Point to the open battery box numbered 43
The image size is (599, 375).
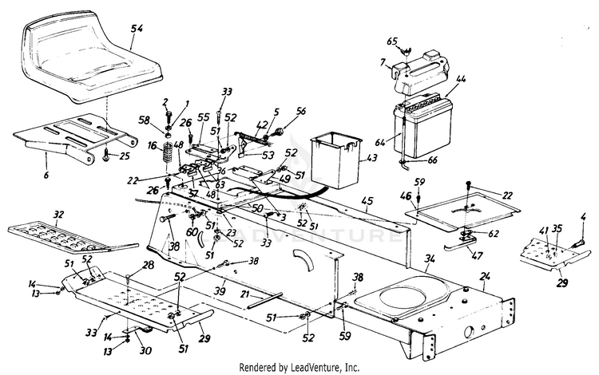pyautogui.click(x=335, y=158)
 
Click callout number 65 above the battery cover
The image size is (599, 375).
pyautogui.click(x=392, y=41)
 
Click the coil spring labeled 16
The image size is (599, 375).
pyautogui.click(x=169, y=152)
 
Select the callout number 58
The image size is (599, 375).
pyautogui.click(x=145, y=120)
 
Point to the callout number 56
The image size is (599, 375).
pyautogui.click(x=301, y=112)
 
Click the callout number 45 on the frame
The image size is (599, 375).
pyautogui.click(x=366, y=200)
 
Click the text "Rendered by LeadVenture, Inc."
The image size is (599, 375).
pyautogui.click(x=299, y=366)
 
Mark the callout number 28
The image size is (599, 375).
pyautogui.click(x=148, y=264)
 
